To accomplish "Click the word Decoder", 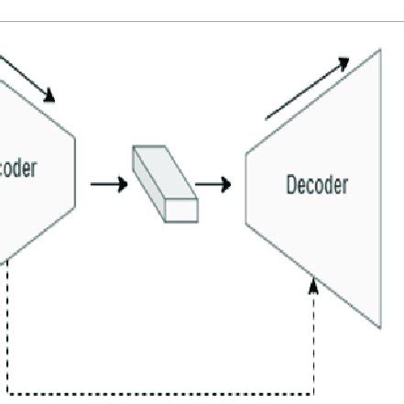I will coord(317,185).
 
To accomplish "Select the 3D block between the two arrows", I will coord(165,182).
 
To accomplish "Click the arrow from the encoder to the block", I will coord(109,184).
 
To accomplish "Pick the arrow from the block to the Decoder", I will coord(213,184).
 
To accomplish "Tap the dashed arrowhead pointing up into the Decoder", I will coord(314,288).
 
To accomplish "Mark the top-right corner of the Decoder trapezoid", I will coord(379,49).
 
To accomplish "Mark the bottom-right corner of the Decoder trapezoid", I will coord(379,327).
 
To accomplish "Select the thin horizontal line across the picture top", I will coord(202,21).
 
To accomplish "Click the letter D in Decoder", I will coord(292,185).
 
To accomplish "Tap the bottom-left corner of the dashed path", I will coord(7,393).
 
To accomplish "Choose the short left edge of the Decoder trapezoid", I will coord(246,187).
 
